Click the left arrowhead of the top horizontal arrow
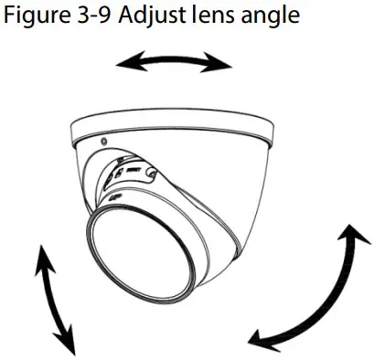pyautogui.click(x=121, y=62)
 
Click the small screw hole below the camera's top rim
pyautogui.click(x=102, y=143)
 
